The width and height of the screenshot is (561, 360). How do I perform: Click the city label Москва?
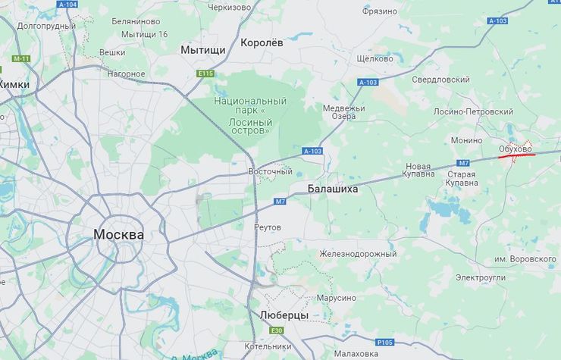point(118,235)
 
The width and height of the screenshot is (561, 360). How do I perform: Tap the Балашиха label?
point(333,189)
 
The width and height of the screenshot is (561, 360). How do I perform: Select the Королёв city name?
point(262,43)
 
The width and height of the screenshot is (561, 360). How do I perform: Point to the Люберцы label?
point(284,315)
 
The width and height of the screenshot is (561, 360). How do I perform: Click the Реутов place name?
point(268,227)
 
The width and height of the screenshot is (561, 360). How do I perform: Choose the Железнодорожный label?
point(358,254)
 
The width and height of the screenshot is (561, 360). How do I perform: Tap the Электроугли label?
point(481,278)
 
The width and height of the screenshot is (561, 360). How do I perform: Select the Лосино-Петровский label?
point(474,111)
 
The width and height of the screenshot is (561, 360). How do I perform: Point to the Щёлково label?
point(375,58)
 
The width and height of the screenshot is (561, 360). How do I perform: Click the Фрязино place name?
point(380,11)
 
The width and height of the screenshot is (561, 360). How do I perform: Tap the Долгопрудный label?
point(46,27)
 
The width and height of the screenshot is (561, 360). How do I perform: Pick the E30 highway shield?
point(277,330)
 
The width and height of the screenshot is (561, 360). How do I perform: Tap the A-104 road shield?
point(67,5)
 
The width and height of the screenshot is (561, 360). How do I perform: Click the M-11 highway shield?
point(20,58)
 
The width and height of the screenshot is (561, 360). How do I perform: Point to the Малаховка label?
point(356,354)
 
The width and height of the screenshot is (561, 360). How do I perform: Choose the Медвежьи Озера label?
point(344,112)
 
